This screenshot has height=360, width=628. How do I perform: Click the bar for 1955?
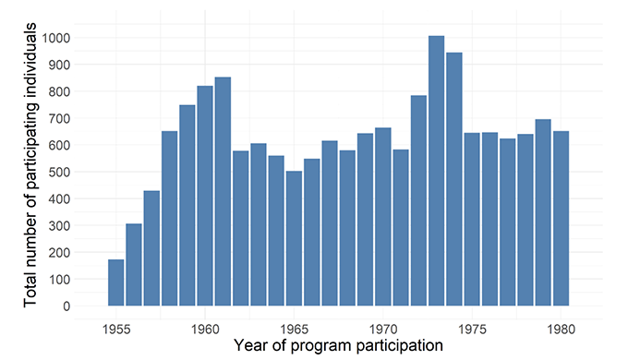pyautogui.click(x=115, y=282)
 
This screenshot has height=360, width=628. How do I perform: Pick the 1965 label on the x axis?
pyautogui.click(x=294, y=327)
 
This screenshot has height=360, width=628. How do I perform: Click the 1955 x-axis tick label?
pyautogui.click(x=115, y=327)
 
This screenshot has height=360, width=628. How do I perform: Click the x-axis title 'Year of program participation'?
pyautogui.click(x=338, y=345)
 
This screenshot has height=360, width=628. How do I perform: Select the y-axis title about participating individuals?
pyautogui.click(x=31, y=167)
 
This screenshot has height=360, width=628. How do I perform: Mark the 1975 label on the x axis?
pyautogui.click(x=472, y=327)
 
